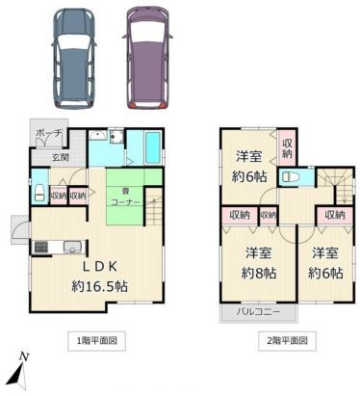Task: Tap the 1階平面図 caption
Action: pyautogui.click(x=98, y=340)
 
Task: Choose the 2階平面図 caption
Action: pyautogui.click(x=286, y=340)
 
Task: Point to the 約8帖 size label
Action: pyautogui.click(x=256, y=273)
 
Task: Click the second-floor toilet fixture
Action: pyautogui.click(x=293, y=177)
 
